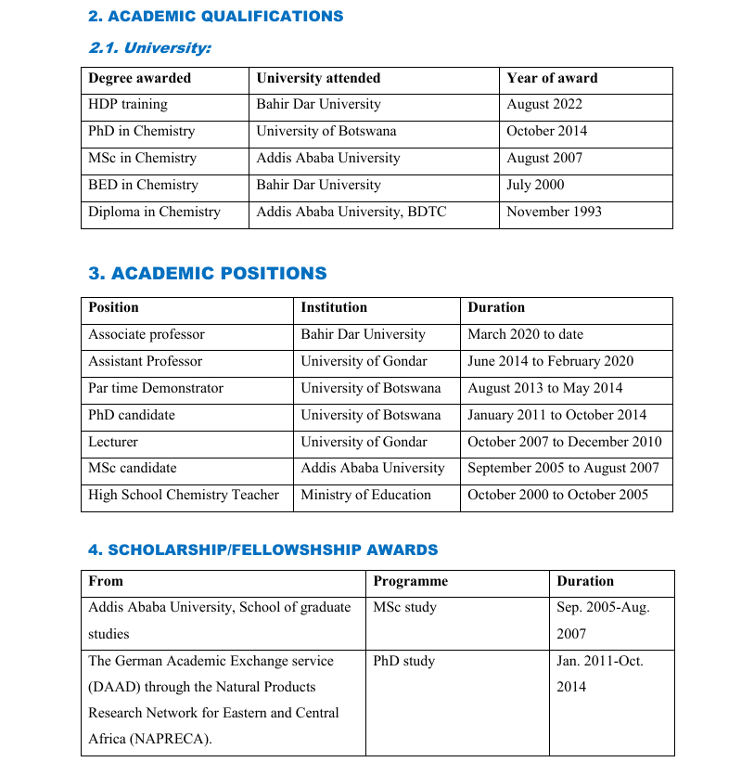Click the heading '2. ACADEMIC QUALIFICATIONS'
click(215, 16)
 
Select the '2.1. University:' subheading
click(149, 48)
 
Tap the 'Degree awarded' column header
click(139, 79)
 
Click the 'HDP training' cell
click(128, 105)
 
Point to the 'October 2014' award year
click(546, 132)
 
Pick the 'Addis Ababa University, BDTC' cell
click(351, 212)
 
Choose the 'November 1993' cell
click(554, 212)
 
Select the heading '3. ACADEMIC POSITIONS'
click(208, 274)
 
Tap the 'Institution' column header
click(334, 307)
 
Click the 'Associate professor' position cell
click(147, 334)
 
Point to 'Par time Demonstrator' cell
click(156, 388)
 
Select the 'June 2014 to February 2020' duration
click(550, 361)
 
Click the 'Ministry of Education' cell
click(365, 495)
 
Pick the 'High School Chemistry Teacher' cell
click(184, 495)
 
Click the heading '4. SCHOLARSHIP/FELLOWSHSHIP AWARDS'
click(262, 549)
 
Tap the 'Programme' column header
click(410, 581)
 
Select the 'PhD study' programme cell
click(403, 661)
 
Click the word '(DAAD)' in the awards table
click(112, 687)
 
